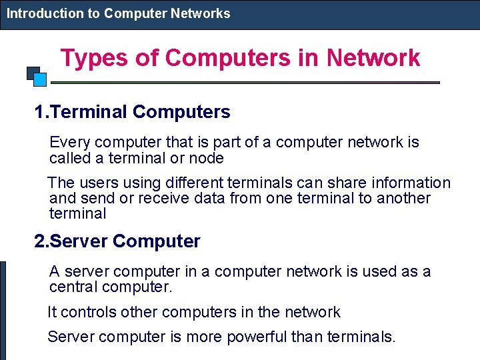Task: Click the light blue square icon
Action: [40, 80]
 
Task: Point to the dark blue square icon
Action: [32, 72]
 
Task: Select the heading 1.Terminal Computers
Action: [133, 112]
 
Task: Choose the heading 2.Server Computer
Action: [117, 241]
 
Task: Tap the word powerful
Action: [257, 337]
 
